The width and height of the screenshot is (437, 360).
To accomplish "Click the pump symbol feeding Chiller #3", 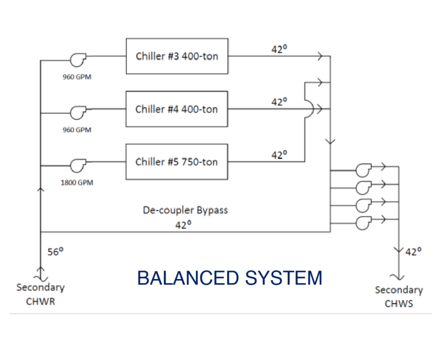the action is pyautogui.click(x=78, y=60).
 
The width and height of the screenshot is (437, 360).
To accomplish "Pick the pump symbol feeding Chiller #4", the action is pyautogui.click(x=78, y=112).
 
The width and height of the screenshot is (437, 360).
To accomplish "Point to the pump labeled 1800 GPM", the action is pyautogui.click(x=78, y=166).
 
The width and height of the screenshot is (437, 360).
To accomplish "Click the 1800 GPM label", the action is pyautogui.click(x=77, y=182).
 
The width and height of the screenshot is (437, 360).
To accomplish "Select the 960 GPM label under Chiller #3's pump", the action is pyautogui.click(x=77, y=77).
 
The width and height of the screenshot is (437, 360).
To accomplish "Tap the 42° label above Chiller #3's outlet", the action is pyautogui.click(x=279, y=49).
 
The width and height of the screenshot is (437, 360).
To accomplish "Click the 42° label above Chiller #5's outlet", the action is pyautogui.click(x=279, y=155).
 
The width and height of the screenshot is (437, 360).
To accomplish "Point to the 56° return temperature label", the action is pyautogui.click(x=55, y=252).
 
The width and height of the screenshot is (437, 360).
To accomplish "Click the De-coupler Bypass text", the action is pyautogui.click(x=185, y=210).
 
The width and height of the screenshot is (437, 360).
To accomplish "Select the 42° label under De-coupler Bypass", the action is pyautogui.click(x=183, y=224).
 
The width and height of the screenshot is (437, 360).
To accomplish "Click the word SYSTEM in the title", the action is pyautogui.click(x=284, y=278).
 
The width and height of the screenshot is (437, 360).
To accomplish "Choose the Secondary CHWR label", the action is pyautogui.click(x=40, y=294).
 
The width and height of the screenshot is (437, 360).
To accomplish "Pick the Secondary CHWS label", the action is pyautogui.click(x=399, y=297).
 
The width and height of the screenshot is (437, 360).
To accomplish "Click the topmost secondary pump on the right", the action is pyautogui.click(x=364, y=170).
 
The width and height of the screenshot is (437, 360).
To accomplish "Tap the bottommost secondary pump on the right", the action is pyautogui.click(x=364, y=223).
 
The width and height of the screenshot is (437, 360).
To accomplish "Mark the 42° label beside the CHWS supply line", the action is pyautogui.click(x=414, y=252).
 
